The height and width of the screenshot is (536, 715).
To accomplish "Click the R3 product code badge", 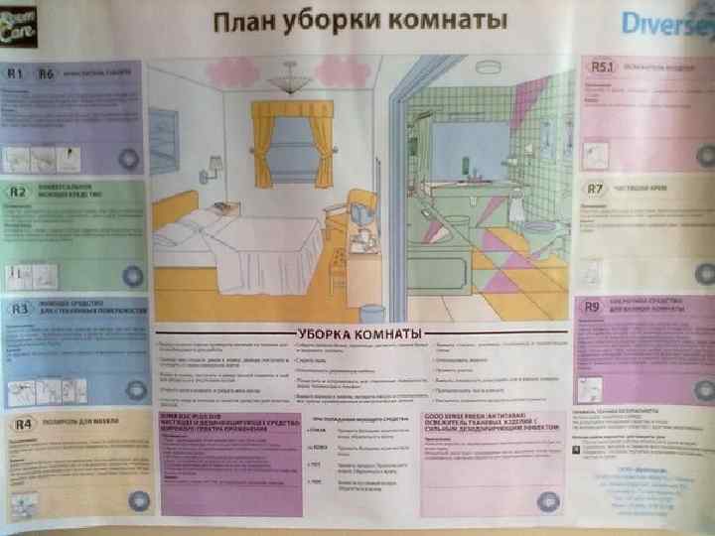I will point(19,309).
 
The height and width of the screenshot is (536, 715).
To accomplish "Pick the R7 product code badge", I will point(595,188).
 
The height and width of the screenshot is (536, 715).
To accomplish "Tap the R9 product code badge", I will point(593,306).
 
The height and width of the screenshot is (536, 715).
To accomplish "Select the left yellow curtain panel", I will point(262,144).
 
